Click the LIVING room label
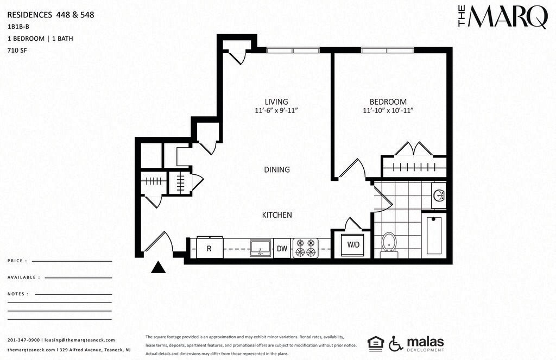(x=276, y=102)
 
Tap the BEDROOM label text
(x=388, y=102)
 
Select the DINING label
(x=277, y=169)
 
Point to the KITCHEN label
(x=277, y=215)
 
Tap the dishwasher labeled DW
(x=282, y=248)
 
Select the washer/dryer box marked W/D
(x=353, y=244)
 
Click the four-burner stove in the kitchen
(x=306, y=248)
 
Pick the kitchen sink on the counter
(x=261, y=247)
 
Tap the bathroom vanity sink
(x=439, y=195)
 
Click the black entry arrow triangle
(x=158, y=267)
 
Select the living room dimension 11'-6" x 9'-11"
(x=276, y=111)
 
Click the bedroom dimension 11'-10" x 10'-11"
(x=388, y=111)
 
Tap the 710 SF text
(x=17, y=50)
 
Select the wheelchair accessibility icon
(x=396, y=343)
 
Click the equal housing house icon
(x=376, y=343)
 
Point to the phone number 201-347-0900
(x=23, y=340)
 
